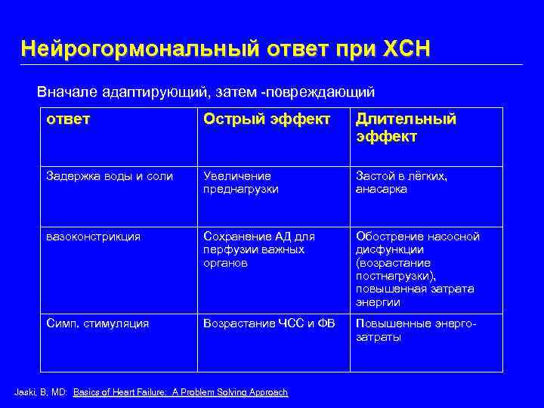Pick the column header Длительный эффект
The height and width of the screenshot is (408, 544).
pos(406,128)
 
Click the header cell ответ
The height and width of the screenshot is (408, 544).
pos(67,120)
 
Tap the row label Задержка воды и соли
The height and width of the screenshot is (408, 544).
pos(110,176)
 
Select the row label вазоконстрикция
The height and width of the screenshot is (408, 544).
pos(93,236)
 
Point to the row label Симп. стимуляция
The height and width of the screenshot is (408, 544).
pos(97,323)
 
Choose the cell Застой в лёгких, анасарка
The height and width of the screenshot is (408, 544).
pos(401,183)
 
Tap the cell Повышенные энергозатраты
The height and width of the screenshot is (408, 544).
pos(412,330)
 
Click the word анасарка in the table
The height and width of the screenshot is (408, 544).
pos(382,190)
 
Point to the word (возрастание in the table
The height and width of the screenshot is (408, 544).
pos(393,263)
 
